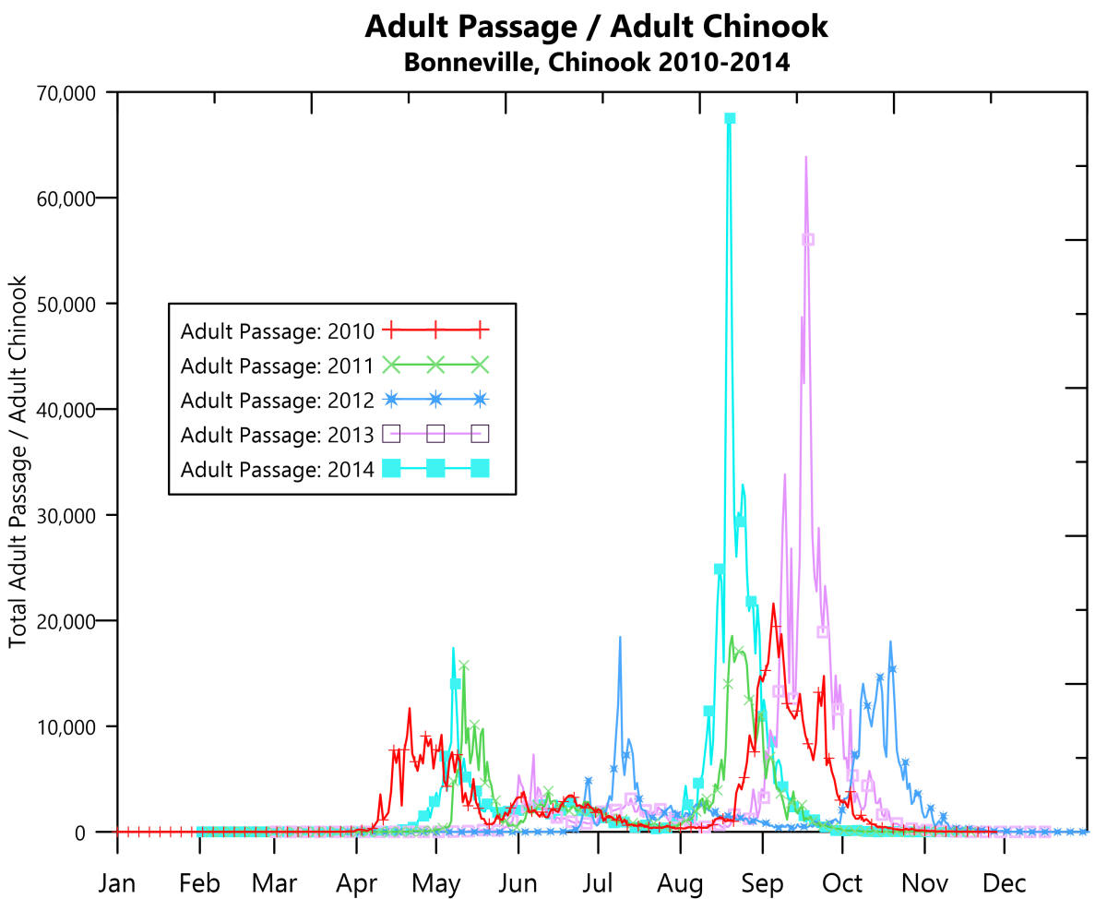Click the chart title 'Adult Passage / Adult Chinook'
tap(596, 27)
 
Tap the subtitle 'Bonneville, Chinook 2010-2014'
tap(596, 63)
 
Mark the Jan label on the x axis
tap(117, 883)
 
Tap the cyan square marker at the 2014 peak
tap(730, 118)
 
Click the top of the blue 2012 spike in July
tap(620, 637)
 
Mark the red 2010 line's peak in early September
tap(772, 605)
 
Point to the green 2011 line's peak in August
tap(732, 636)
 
